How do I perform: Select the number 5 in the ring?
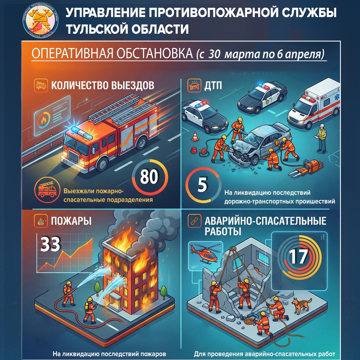tap(202, 185)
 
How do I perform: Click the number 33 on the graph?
tap(50, 244)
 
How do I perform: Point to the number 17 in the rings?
tap(298, 256)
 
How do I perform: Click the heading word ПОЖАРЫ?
tap(71, 221)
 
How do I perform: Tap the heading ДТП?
tap(213, 86)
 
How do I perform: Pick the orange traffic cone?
tap(195, 136)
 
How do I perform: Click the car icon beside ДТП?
tap(194, 86)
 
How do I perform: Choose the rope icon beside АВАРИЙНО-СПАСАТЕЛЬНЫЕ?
tap(194, 221)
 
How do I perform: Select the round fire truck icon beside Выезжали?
tap(47, 189)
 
